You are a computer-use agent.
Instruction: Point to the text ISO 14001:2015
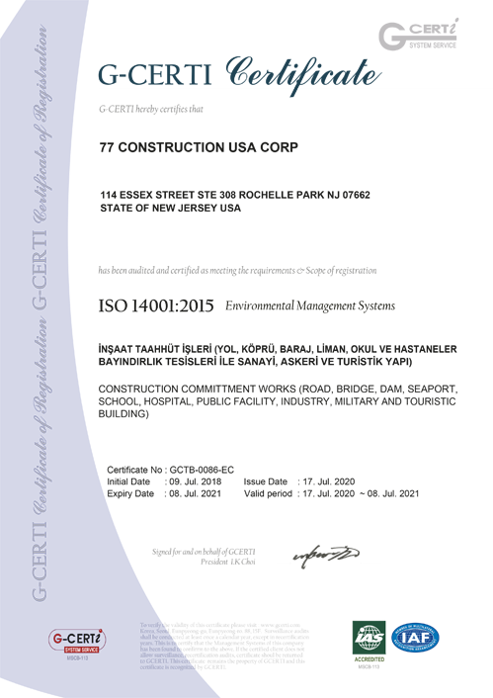(157, 307)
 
